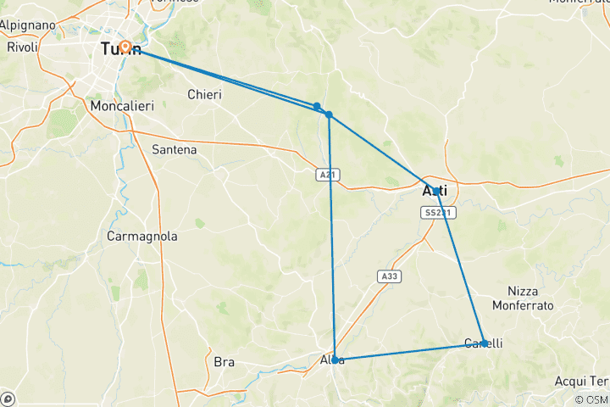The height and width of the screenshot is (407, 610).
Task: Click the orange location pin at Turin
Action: point(125,47)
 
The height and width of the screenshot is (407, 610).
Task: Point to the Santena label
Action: point(174,149)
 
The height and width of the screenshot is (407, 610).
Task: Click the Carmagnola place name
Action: point(142,237)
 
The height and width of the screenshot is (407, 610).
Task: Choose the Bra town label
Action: point(224,362)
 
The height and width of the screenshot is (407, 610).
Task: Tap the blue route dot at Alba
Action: point(335,360)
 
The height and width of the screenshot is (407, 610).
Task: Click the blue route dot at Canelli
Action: point(483,343)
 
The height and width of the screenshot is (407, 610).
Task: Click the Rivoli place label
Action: point(22,47)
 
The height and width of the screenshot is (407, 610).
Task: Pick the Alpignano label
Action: point(27,25)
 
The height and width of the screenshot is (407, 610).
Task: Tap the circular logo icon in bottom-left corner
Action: point(8,399)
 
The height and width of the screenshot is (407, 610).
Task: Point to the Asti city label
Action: point(434,192)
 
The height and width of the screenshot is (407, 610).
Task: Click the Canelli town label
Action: point(484,343)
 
